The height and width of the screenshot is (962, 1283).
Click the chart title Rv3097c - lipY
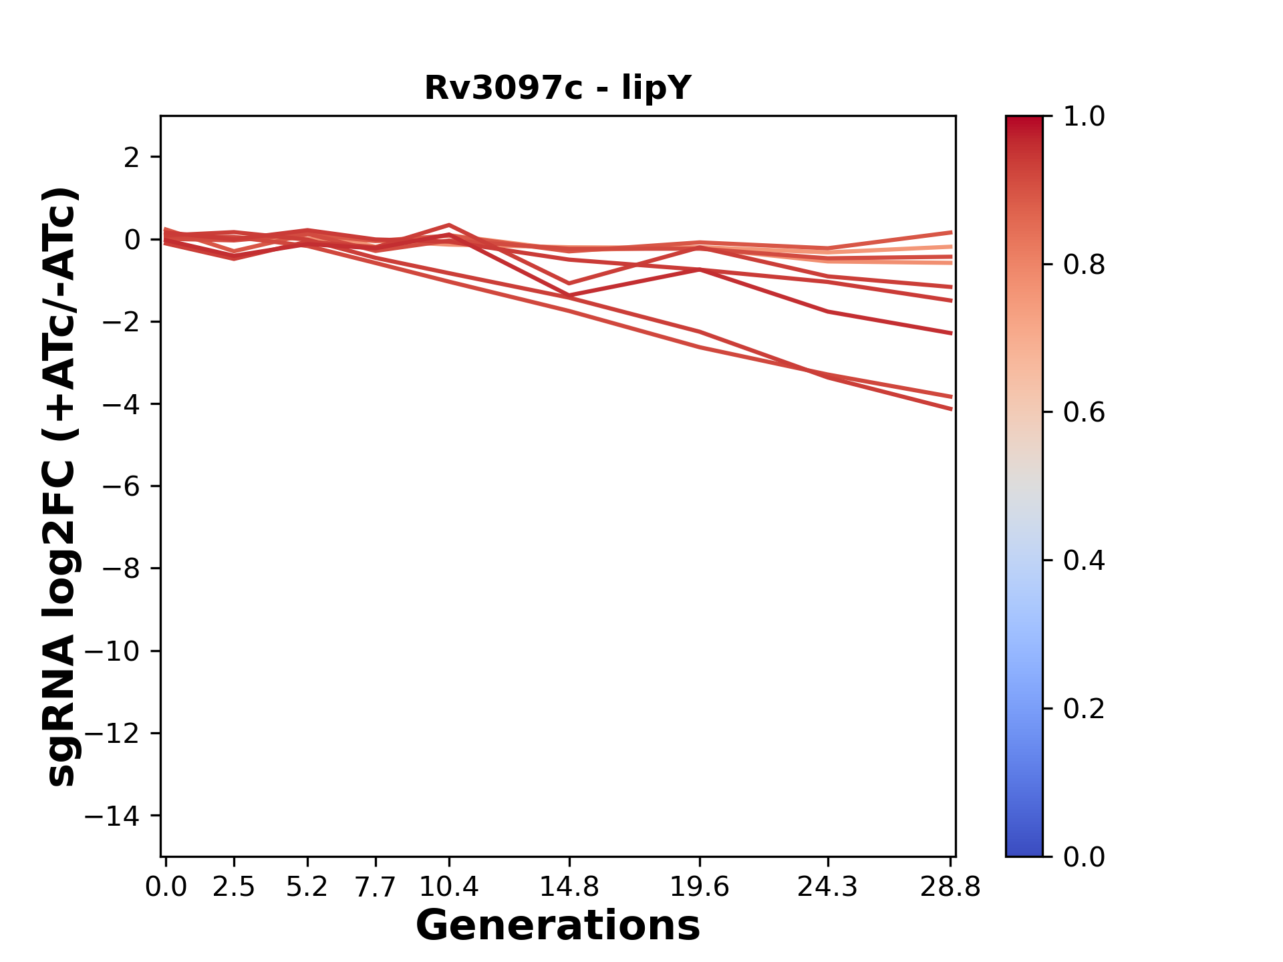click(557, 88)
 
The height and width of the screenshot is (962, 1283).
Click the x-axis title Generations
click(557, 925)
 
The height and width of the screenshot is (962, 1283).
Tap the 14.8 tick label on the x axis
click(569, 887)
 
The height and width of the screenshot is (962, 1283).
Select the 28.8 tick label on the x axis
click(950, 887)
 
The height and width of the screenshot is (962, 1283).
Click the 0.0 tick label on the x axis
click(166, 887)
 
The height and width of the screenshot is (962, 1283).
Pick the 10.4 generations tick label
click(448, 887)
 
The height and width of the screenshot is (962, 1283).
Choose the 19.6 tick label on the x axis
click(699, 887)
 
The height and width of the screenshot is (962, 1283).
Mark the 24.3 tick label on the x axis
click(828, 887)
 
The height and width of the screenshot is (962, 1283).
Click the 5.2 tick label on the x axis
click(307, 887)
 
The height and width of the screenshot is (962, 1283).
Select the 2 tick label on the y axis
click(132, 157)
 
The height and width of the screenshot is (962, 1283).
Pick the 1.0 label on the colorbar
click(1084, 117)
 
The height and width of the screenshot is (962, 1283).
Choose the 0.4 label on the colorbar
click(1084, 560)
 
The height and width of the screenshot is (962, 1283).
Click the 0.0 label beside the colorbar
click(1084, 856)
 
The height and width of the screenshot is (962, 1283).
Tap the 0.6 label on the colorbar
click(1084, 413)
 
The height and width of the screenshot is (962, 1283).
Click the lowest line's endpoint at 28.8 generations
click(951, 409)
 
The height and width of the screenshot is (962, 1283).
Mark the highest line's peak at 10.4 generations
click(449, 225)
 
